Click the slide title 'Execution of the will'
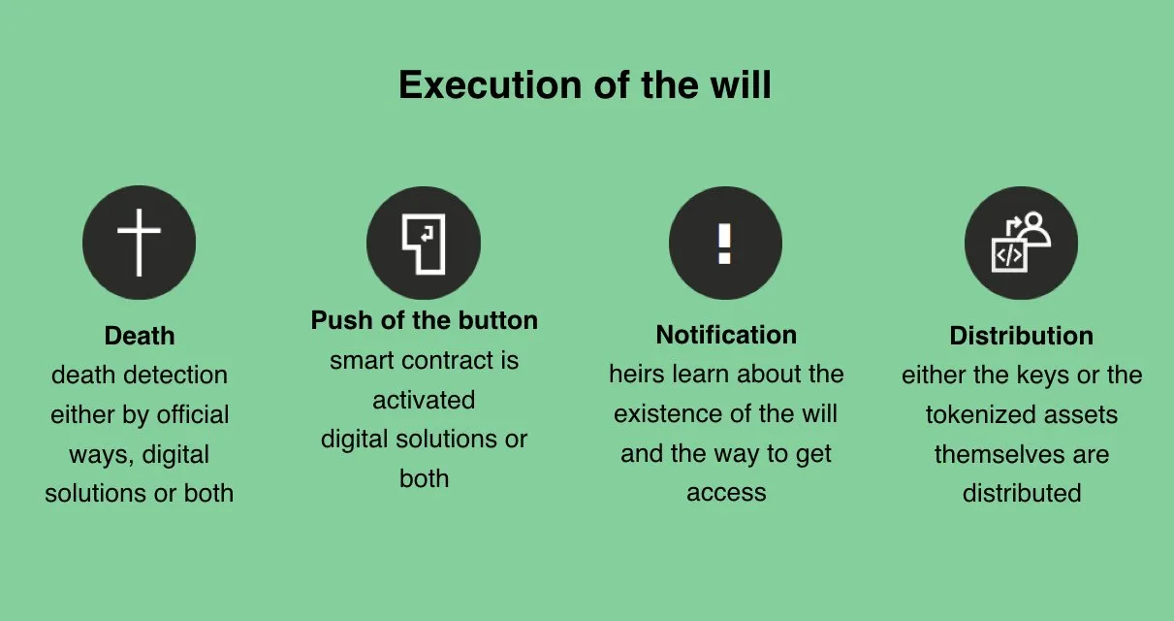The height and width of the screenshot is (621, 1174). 585,85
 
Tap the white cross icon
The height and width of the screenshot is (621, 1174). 139,243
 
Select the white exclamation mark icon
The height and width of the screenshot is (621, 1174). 724,244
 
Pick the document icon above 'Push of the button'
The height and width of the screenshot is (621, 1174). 424,244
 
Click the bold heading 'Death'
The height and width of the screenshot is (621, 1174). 140,336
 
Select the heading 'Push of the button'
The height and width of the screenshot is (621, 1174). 424,320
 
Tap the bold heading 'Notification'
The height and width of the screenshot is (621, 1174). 726,335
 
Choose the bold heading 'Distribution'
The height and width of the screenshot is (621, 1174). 1022,336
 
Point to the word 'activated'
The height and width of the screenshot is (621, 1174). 424,400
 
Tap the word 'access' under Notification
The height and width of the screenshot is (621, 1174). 726,493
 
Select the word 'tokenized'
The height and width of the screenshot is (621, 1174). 980,414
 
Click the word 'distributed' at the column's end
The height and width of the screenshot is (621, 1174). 1022,493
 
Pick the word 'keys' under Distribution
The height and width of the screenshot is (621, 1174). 1043,376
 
